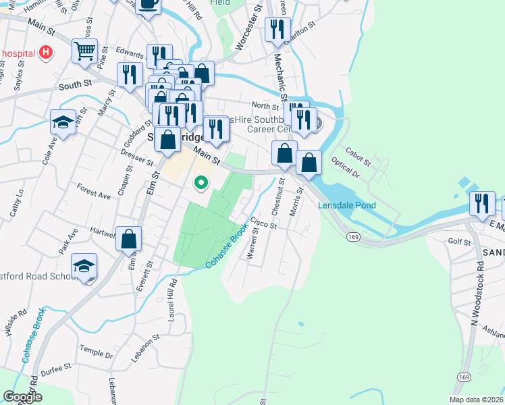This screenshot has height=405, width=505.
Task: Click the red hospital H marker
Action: [x=45, y=52]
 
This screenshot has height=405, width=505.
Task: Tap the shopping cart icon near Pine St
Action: [x=84, y=51]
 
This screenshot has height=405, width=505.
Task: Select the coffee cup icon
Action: [x=148, y=5]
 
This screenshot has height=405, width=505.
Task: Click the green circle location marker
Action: [x=201, y=182]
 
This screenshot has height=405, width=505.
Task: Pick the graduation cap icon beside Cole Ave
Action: [x=63, y=123]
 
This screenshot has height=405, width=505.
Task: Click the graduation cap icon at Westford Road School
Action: [x=84, y=265]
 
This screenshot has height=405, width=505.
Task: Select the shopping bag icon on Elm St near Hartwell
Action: [x=128, y=238]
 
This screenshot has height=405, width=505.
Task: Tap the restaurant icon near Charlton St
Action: [x=277, y=29]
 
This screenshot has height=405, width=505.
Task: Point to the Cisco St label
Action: [x=264, y=222]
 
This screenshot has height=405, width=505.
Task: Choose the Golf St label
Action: [x=458, y=241]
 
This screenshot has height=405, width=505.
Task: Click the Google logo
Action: [x=22, y=397]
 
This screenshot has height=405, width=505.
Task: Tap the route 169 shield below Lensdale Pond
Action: [x=353, y=237]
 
